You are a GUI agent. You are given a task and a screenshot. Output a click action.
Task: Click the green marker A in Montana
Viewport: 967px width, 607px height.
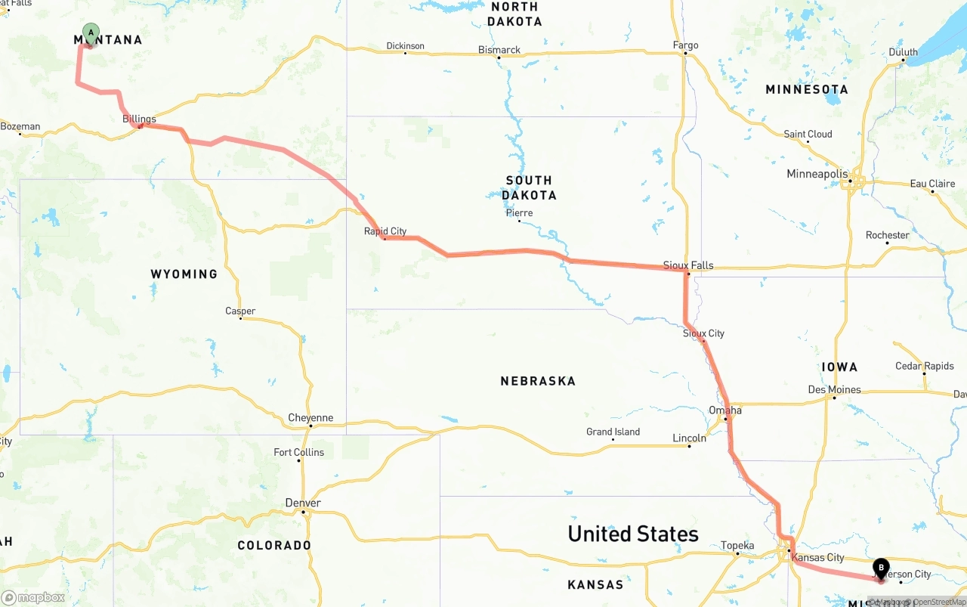(x=91, y=33)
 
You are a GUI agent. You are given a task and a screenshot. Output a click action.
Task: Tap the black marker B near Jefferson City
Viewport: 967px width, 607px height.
(x=881, y=568)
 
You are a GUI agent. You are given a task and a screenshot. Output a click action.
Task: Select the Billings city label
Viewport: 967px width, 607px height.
(x=139, y=119)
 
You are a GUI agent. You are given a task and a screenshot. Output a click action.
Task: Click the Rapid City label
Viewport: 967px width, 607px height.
(x=385, y=231)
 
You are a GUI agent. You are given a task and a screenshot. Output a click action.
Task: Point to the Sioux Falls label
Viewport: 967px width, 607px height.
(x=688, y=265)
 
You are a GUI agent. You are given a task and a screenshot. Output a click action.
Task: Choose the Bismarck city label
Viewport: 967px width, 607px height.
(x=499, y=50)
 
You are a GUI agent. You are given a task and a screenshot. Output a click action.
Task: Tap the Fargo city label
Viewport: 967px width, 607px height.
(x=686, y=45)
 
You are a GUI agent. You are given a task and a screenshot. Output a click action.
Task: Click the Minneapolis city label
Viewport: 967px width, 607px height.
(x=817, y=174)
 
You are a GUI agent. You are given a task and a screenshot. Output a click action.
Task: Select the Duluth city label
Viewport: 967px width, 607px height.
(x=903, y=52)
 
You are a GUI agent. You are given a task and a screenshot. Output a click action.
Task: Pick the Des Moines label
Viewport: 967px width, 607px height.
(x=834, y=390)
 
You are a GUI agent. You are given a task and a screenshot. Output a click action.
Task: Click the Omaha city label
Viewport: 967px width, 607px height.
(x=725, y=410)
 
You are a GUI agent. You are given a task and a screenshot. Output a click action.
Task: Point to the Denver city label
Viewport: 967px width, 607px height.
(x=303, y=503)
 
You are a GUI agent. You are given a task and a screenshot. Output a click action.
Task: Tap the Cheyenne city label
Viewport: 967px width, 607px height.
(x=310, y=418)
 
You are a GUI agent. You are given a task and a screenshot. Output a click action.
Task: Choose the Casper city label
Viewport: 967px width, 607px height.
(x=240, y=311)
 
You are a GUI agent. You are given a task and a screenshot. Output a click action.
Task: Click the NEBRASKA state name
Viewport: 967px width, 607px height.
(x=538, y=381)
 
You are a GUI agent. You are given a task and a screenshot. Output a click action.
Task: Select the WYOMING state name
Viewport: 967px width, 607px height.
(x=184, y=274)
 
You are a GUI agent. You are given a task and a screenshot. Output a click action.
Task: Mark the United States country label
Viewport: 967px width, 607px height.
(x=633, y=534)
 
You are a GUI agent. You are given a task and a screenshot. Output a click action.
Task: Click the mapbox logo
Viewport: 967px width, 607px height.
(x=33, y=597)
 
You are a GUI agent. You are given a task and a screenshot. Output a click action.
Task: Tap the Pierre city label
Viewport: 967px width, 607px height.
(x=519, y=212)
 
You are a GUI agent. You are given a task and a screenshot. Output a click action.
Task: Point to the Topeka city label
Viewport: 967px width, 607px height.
(x=737, y=545)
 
